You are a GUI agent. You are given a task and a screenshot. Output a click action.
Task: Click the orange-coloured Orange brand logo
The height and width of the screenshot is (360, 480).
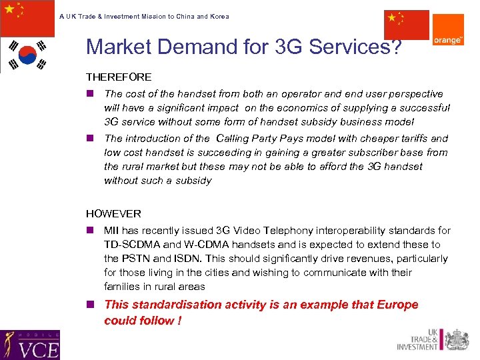point(449,30)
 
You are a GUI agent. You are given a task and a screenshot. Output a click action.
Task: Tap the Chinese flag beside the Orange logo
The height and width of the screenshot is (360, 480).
point(407,25)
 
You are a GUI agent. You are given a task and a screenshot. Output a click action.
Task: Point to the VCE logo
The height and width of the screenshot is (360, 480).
point(30,345)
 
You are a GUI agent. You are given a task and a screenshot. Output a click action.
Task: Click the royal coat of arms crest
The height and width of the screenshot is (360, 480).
point(457,339)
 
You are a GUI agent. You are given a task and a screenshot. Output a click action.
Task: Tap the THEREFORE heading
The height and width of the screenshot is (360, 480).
point(119,77)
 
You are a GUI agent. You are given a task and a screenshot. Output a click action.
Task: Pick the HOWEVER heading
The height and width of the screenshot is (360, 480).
point(113,214)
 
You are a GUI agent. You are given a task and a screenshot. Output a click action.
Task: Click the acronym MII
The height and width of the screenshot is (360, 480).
point(111,231)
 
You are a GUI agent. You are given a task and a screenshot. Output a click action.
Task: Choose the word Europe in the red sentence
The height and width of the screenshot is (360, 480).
point(397,305)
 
